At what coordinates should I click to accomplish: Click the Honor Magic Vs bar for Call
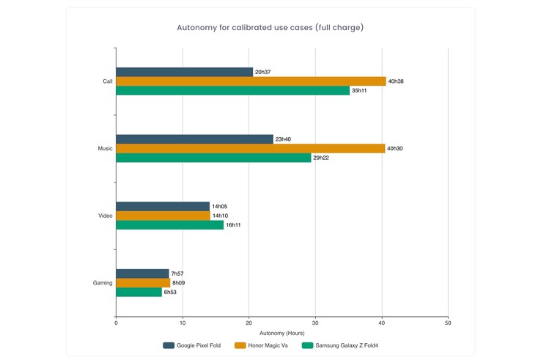point(251,81)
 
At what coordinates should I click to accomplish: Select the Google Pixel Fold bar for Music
point(194,139)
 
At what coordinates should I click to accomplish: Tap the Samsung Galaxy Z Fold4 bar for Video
point(169,225)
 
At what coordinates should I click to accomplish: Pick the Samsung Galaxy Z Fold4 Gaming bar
point(139,292)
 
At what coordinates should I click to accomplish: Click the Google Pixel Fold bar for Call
point(184,72)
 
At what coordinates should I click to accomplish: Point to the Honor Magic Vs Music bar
point(250,148)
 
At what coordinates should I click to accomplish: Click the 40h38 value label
point(396,81)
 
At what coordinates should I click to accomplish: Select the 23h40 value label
point(283,139)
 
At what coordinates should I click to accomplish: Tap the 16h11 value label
point(233,225)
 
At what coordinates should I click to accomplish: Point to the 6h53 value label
point(170,292)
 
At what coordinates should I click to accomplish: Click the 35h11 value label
point(360,91)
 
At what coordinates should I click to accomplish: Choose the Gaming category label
point(103,282)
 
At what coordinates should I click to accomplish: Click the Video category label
point(106,216)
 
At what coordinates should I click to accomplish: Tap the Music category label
point(106,149)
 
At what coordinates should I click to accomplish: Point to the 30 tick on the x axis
point(315,323)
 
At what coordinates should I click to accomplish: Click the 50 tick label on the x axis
point(448,323)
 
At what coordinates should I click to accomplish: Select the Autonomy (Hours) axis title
point(282,333)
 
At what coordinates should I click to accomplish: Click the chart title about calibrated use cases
point(270,28)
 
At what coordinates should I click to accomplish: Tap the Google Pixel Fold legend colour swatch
point(169,345)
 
